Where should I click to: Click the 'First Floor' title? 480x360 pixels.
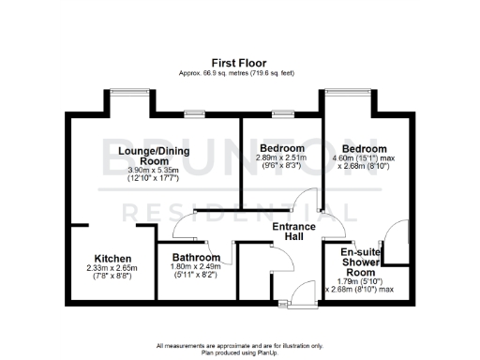(x=239, y=63)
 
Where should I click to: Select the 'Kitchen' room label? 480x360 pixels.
(x=112, y=259)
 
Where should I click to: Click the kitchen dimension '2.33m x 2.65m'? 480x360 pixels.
(x=112, y=269)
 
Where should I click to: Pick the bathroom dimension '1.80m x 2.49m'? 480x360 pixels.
(x=194, y=266)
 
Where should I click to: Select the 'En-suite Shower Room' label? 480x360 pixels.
(x=359, y=262)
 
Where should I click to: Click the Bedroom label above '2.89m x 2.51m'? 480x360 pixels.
(x=281, y=149)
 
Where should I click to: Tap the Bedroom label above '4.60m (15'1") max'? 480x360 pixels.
(x=364, y=149)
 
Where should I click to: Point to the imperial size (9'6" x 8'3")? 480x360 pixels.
(x=281, y=169)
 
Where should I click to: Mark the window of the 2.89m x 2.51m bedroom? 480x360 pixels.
(x=282, y=114)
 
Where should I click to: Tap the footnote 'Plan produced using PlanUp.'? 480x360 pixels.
(x=239, y=352)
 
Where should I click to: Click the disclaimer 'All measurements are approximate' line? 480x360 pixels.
(x=239, y=346)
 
